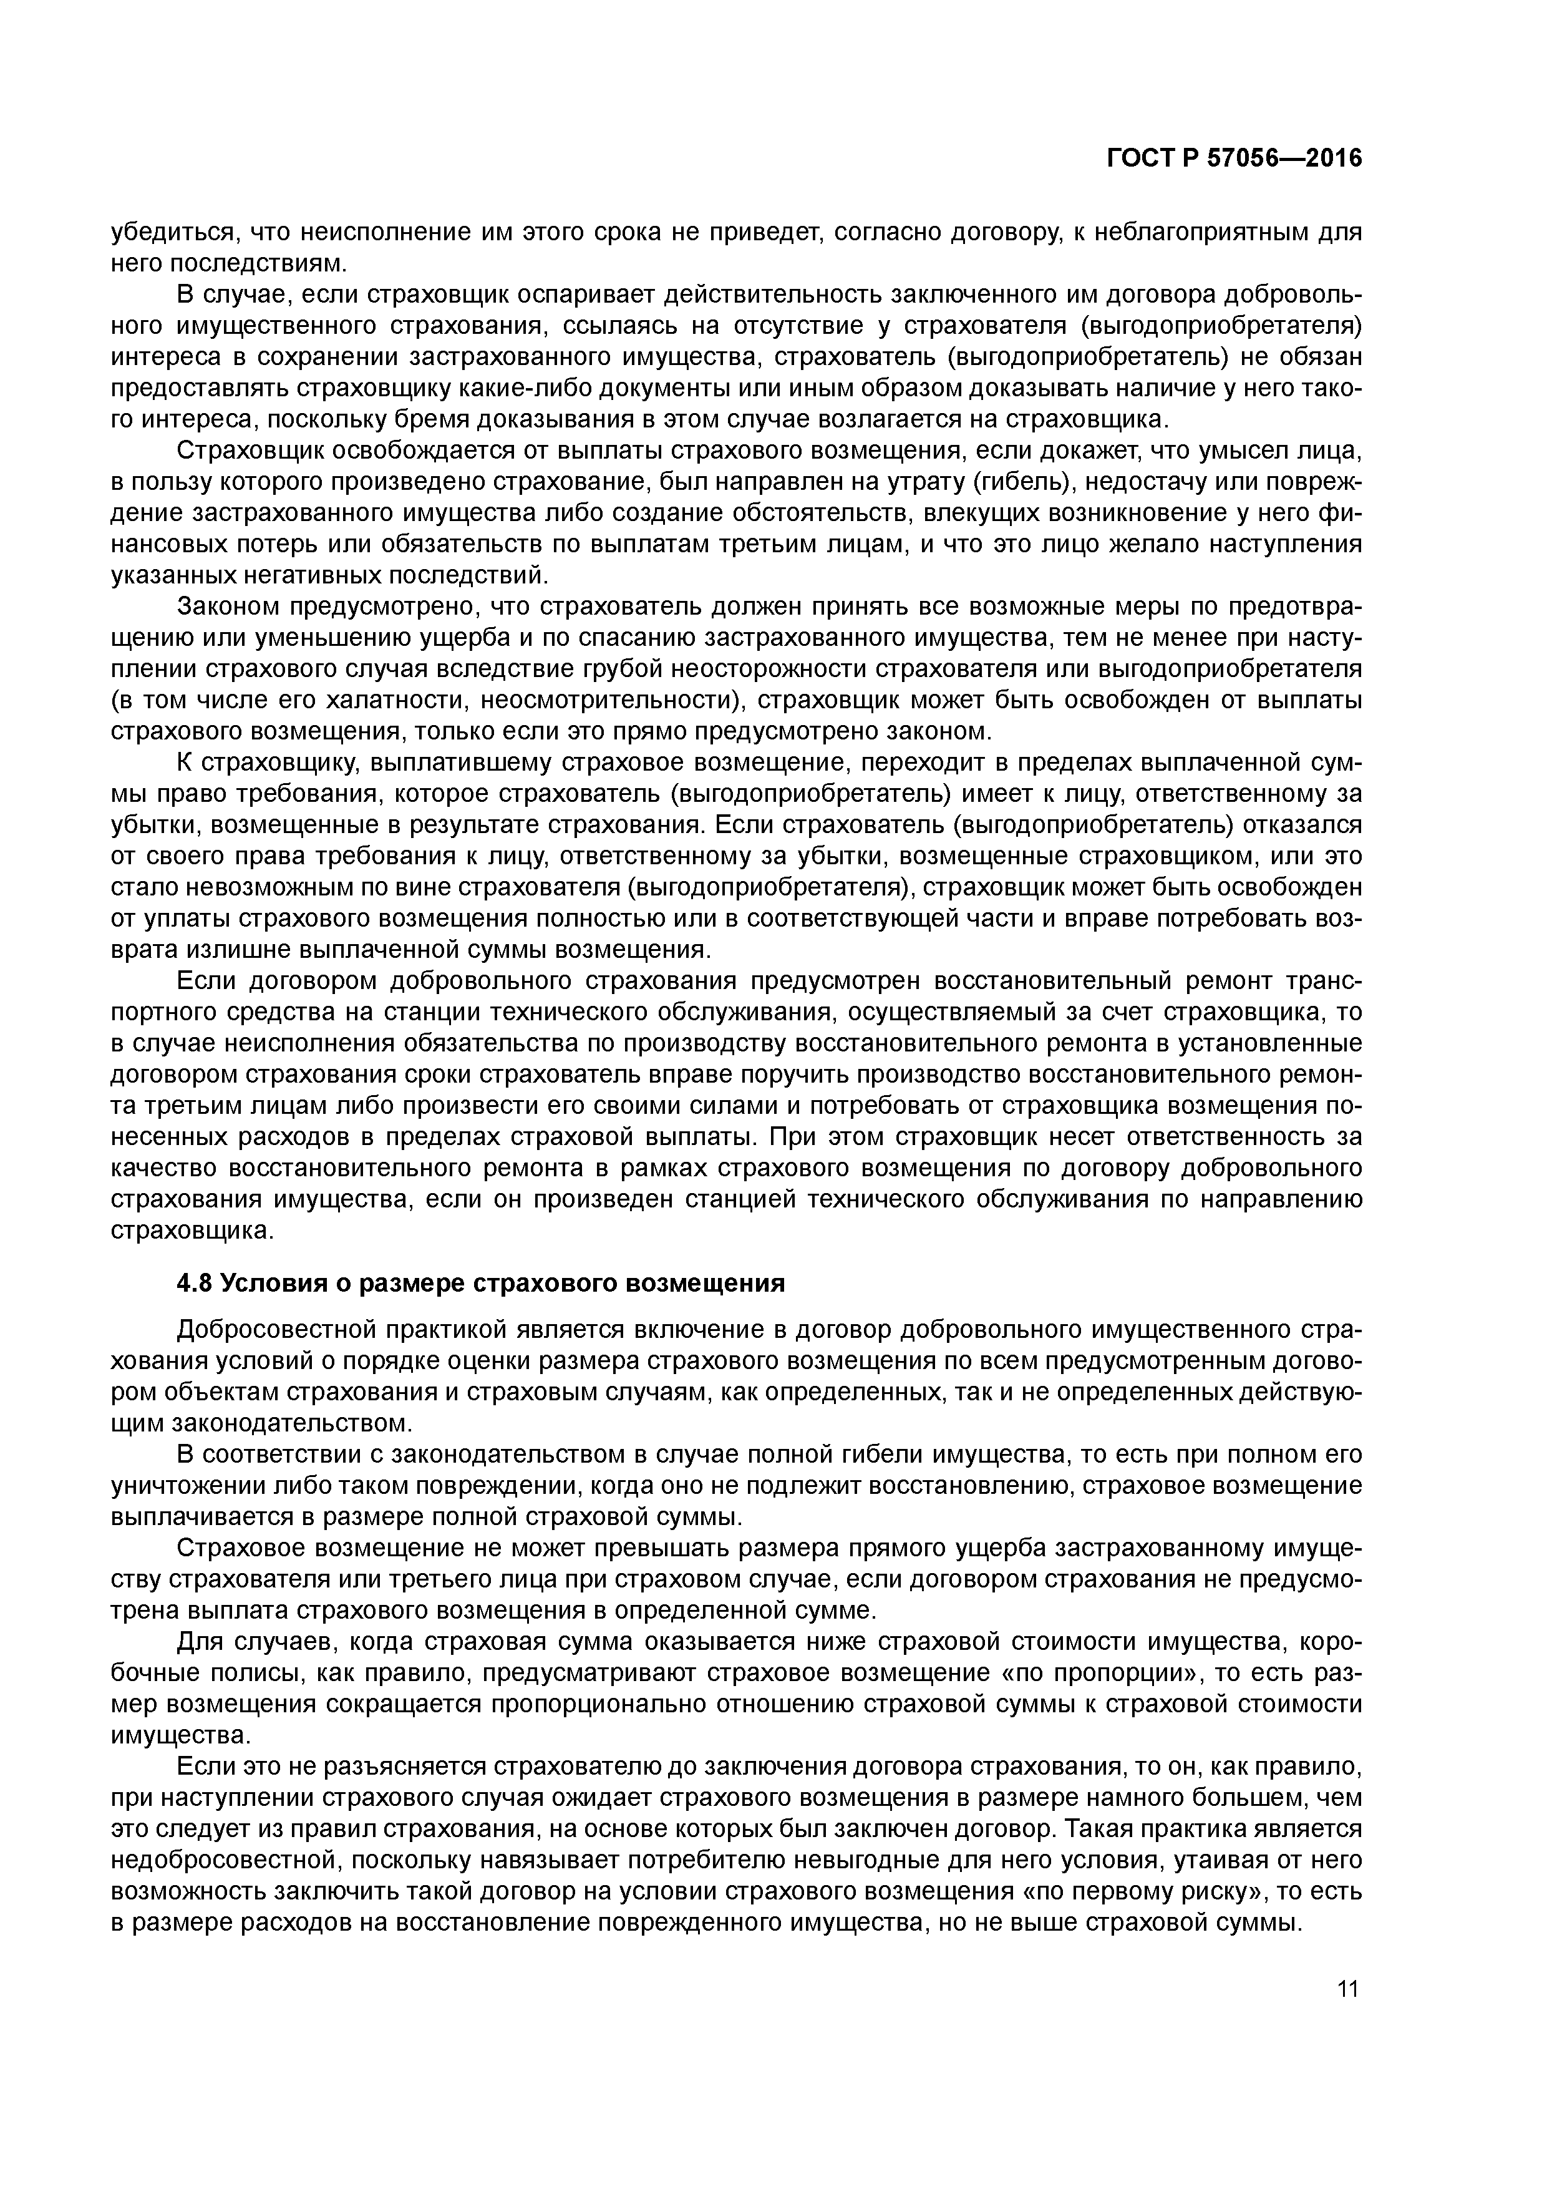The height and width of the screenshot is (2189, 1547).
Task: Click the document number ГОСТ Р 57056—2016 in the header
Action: pyautogui.click(x=1234, y=158)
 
